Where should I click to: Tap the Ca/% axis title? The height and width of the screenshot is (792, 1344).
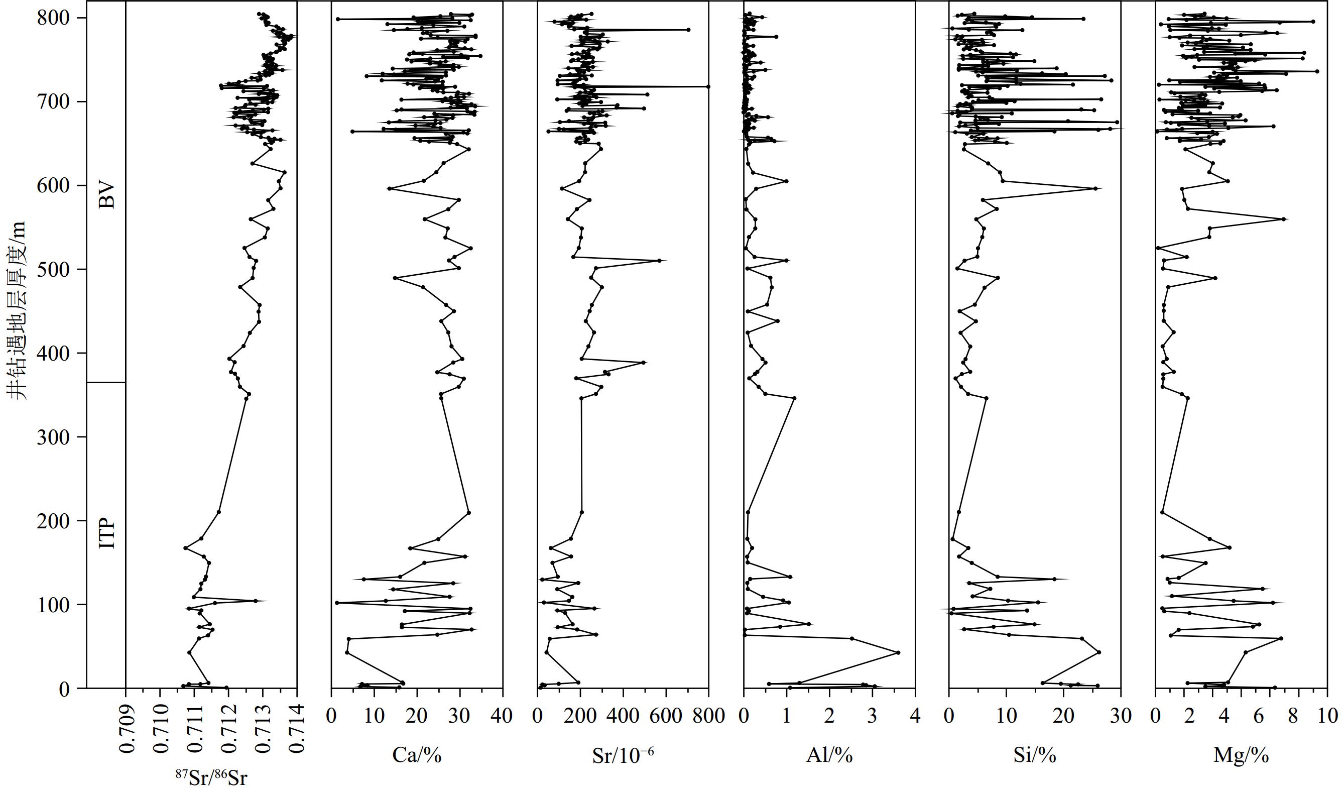coord(417,755)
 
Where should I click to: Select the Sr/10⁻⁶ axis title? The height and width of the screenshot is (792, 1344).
coord(623,755)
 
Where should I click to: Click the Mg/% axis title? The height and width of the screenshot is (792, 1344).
coord(1241,755)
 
